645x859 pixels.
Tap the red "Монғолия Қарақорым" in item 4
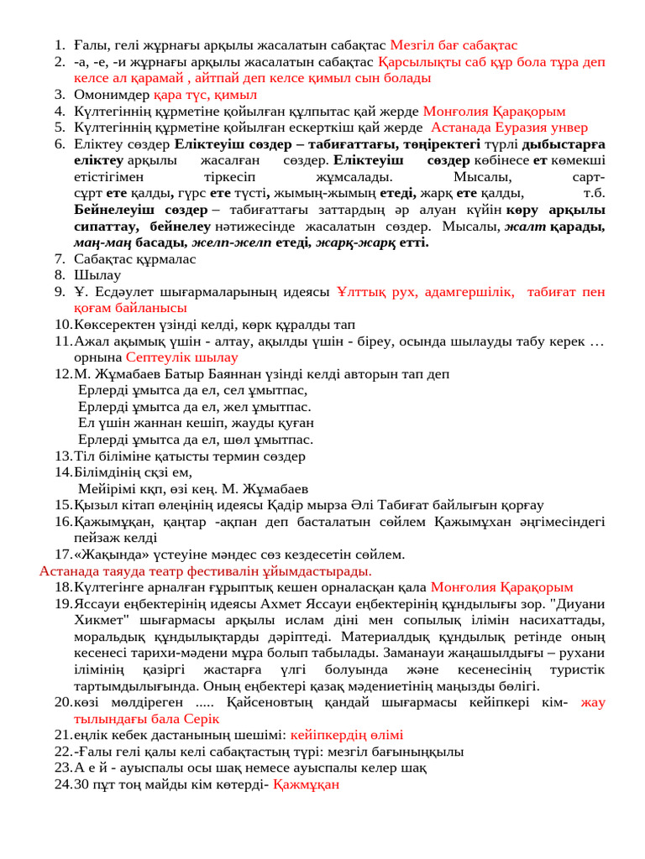494,111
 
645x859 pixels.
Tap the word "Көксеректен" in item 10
114,325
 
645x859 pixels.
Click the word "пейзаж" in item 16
97,538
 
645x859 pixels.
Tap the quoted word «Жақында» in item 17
109,554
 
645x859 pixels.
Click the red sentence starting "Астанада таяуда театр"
206,570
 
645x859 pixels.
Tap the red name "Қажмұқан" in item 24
307,784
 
